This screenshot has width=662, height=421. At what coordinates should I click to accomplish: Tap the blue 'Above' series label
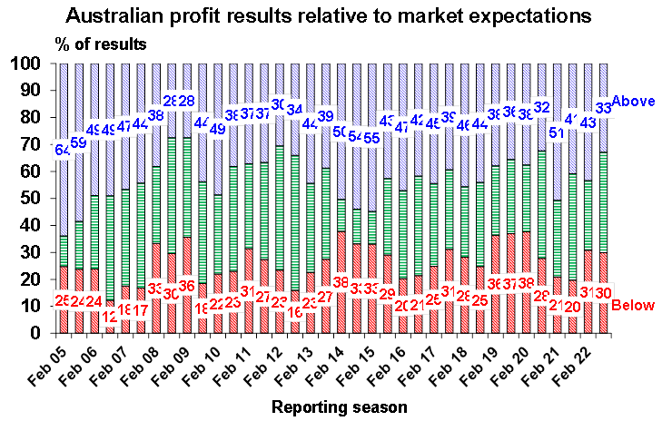[x=634, y=102]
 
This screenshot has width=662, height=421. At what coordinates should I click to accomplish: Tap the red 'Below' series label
[x=632, y=305]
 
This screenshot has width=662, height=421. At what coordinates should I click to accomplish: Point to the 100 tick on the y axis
[x=25, y=64]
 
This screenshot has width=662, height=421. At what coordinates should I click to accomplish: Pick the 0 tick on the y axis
[x=35, y=333]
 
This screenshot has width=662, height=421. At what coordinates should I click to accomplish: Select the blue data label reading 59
[x=79, y=142]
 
